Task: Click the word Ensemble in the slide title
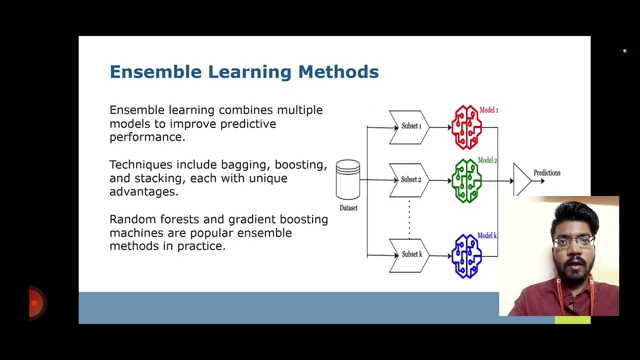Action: (x=155, y=72)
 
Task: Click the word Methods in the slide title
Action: (x=338, y=72)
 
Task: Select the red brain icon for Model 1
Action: (x=466, y=127)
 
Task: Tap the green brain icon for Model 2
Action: (x=466, y=180)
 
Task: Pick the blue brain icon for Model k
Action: (x=466, y=256)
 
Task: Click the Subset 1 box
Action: (x=409, y=127)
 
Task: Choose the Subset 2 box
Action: (x=409, y=180)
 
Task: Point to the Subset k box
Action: (x=409, y=255)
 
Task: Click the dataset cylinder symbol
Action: (x=348, y=179)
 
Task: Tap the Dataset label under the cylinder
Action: (x=348, y=208)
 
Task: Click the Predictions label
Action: (x=546, y=173)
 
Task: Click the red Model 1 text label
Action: (x=488, y=110)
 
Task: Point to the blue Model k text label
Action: (x=487, y=235)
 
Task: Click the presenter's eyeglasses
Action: (x=574, y=242)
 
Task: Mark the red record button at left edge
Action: (x=34, y=303)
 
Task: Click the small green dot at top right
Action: (x=624, y=51)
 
